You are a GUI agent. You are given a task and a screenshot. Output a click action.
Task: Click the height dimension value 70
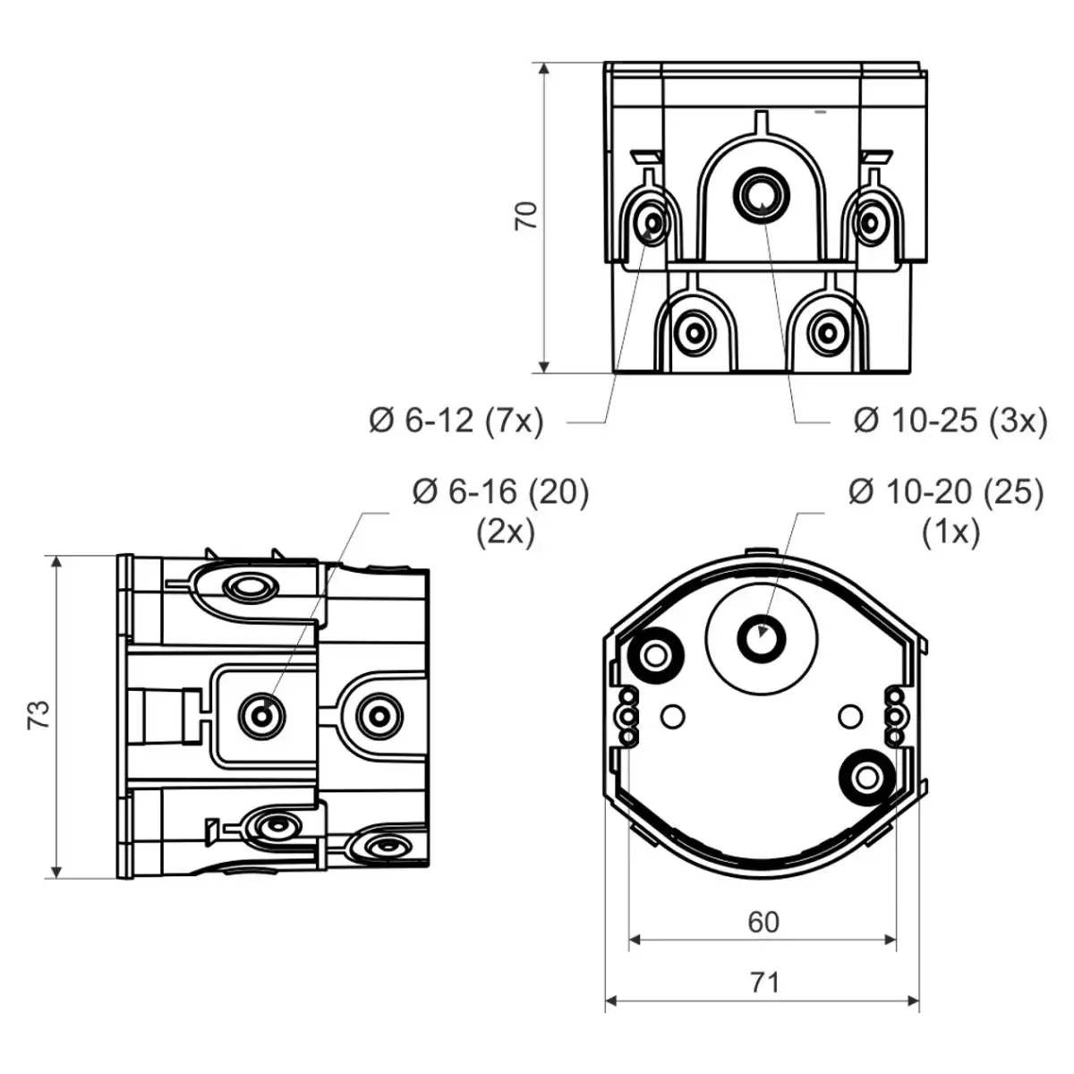[x=527, y=216]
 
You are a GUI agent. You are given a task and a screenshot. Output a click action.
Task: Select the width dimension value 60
[x=763, y=922]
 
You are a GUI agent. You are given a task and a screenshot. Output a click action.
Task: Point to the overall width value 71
[x=763, y=983]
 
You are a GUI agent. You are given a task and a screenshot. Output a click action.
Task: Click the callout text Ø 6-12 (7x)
[x=456, y=420]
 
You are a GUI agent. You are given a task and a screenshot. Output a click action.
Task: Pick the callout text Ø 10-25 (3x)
[x=950, y=420]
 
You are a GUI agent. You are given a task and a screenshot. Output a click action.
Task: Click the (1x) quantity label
[x=950, y=533]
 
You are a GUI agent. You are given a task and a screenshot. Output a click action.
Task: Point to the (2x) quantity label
[x=506, y=533]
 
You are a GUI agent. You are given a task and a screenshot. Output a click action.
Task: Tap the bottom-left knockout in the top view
[x=695, y=333]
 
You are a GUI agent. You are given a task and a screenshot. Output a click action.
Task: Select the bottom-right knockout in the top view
[x=824, y=333]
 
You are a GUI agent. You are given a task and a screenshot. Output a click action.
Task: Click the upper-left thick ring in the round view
[x=656, y=657]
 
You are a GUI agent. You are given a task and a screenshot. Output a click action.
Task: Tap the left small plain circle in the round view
[x=674, y=716]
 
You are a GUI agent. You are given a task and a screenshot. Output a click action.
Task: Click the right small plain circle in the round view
[x=849, y=716]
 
